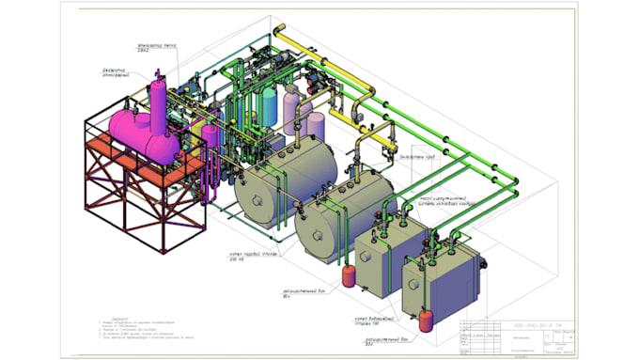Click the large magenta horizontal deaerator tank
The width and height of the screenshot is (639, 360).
coord(141,132)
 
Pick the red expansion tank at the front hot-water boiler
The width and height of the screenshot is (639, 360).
coord(429,317)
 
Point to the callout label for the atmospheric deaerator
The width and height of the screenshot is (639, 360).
coord(121,72)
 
